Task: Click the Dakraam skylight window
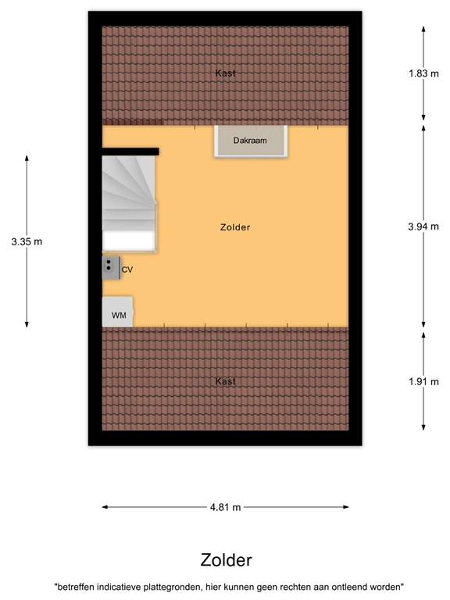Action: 252,141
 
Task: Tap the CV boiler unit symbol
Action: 109,269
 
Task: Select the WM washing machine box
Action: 118,312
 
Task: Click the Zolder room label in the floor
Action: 235,228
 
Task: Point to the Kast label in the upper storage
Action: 225,73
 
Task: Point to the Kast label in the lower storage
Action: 225,381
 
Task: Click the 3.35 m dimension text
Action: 27,241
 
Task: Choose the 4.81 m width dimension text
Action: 225,507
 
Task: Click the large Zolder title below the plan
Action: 226,560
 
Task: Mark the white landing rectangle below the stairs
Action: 129,240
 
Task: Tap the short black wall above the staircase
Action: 130,152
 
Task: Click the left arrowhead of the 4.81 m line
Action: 105,507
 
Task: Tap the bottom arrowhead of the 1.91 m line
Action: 423,427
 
